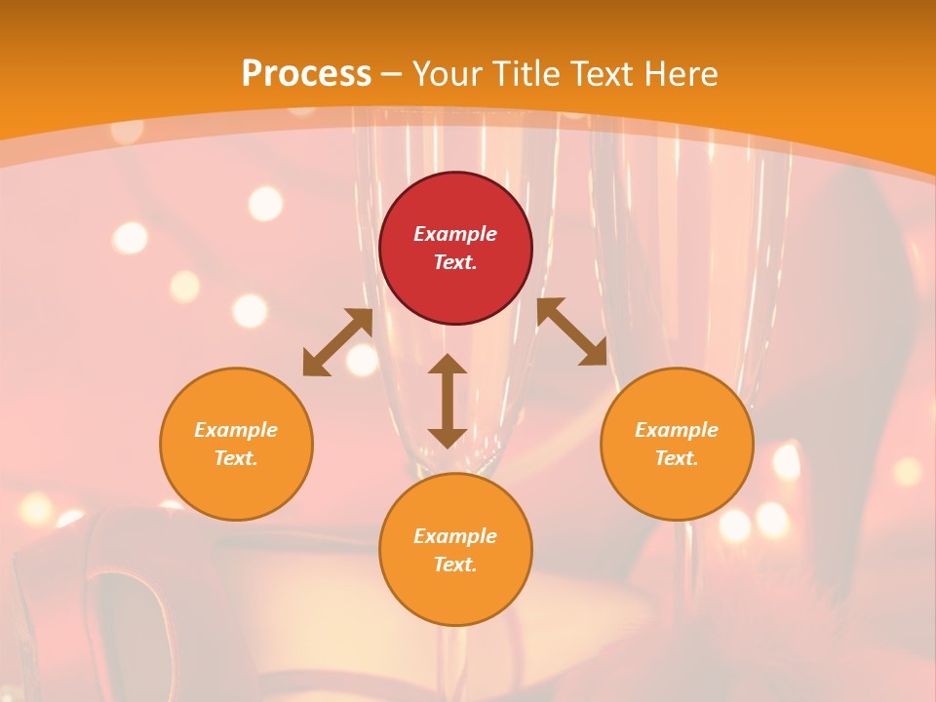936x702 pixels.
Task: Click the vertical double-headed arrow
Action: pos(448,401)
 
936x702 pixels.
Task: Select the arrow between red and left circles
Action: pos(337,342)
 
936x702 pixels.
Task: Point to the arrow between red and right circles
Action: pos(571,331)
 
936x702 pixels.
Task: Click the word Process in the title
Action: pos(306,74)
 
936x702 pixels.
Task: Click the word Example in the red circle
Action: pos(455,234)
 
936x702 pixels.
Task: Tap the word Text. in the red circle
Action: pos(455,262)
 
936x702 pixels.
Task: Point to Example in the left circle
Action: pos(236,430)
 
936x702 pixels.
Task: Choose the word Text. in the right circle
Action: pos(677,458)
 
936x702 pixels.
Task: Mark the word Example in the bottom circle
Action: pos(455,536)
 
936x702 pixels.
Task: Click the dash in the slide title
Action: pos(392,74)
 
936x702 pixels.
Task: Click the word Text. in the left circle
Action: pos(236,458)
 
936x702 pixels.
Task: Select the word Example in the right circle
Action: pos(677,430)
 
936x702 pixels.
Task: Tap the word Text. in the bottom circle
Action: pos(455,565)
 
